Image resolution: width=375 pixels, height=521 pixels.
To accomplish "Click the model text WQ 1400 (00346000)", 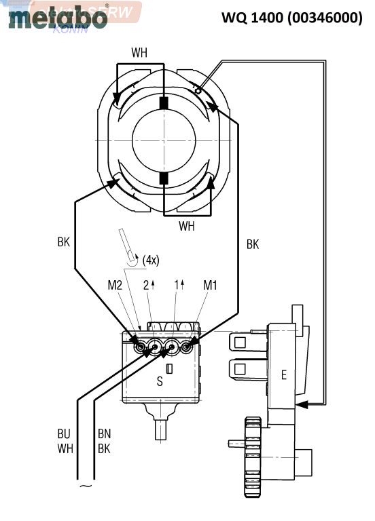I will coord(291,18).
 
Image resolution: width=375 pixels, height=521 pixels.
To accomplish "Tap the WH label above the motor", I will coord(139,53).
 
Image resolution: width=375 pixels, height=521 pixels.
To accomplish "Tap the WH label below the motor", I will coord(187,226).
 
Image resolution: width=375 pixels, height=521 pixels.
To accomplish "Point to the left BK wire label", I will coord(64,242).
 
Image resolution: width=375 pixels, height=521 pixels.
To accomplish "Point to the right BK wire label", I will coord(253,244).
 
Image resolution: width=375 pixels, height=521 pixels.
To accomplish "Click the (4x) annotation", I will coord(151,259).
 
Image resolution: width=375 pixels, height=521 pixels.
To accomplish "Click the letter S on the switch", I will coord(160,382).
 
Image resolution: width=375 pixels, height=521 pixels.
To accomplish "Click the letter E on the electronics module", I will coord(283,375).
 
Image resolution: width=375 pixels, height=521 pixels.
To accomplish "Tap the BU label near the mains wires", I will coord(64,432).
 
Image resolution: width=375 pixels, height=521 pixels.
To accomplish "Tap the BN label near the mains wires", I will coord(103,432).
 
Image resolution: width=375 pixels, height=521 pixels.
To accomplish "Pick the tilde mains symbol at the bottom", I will coord(86,486).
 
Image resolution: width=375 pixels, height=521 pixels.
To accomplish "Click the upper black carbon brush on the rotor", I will coord(163,104).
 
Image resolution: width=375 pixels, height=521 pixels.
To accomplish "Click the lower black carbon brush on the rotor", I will coord(163,178).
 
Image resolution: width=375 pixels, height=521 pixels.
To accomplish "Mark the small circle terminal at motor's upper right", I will coord(198,90).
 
